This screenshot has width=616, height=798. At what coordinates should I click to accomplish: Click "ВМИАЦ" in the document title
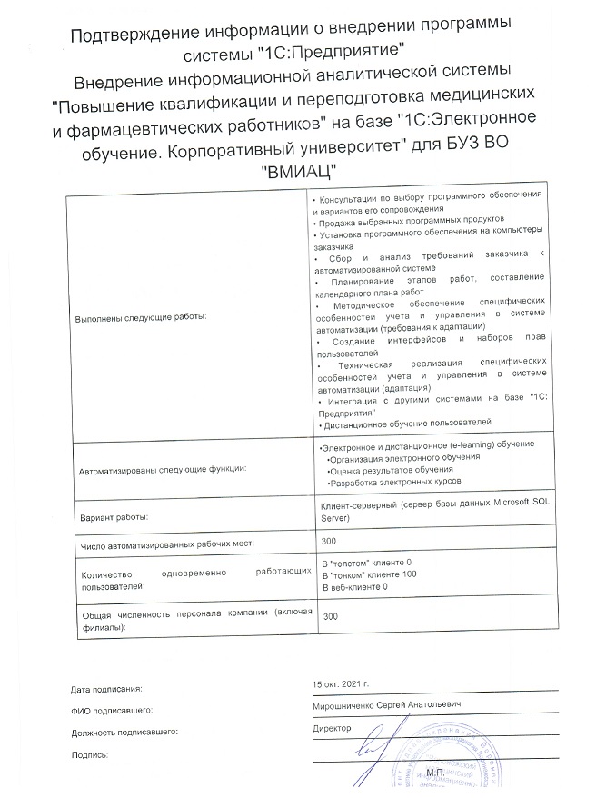[x=299, y=171]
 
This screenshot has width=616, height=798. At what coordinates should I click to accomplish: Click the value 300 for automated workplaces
[x=330, y=543]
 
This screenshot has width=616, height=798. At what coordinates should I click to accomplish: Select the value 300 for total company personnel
[x=331, y=616]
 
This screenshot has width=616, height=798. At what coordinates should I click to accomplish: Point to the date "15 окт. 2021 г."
[x=341, y=683]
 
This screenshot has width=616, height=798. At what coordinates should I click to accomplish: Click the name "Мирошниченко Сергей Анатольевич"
[x=387, y=705]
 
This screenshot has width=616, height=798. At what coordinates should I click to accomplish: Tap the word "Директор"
[x=330, y=728]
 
